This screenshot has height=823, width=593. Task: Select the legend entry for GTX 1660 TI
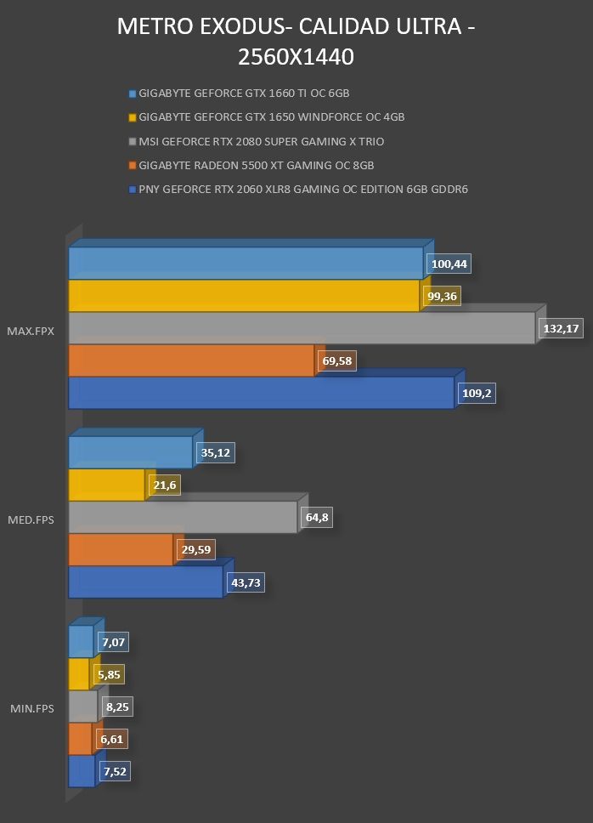tap(239, 94)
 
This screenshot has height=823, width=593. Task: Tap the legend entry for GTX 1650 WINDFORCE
tap(267, 117)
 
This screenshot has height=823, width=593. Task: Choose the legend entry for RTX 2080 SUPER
tap(257, 142)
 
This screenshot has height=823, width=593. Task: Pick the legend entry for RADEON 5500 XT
tap(251, 165)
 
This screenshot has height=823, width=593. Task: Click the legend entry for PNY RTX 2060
tap(298, 189)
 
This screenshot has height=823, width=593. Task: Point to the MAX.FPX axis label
tap(31, 332)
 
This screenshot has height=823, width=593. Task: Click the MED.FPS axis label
tap(31, 520)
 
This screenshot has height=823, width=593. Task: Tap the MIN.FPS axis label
tap(32, 708)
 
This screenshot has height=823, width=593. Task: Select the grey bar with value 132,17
tap(302, 328)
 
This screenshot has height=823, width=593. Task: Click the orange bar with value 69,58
tap(191, 360)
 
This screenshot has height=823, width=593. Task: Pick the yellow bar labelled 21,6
tap(106, 485)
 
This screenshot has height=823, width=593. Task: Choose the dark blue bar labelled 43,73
tap(146, 582)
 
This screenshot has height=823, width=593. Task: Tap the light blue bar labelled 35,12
tap(131, 452)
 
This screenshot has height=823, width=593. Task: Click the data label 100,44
tap(449, 264)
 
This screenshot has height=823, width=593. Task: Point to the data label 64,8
tap(317, 518)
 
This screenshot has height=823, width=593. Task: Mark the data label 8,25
tap(117, 707)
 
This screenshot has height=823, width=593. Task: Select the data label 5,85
tap(109, 674)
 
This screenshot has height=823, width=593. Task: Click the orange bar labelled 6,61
tap(80, 739)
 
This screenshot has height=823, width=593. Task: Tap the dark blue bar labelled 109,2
tap(261, 393)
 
